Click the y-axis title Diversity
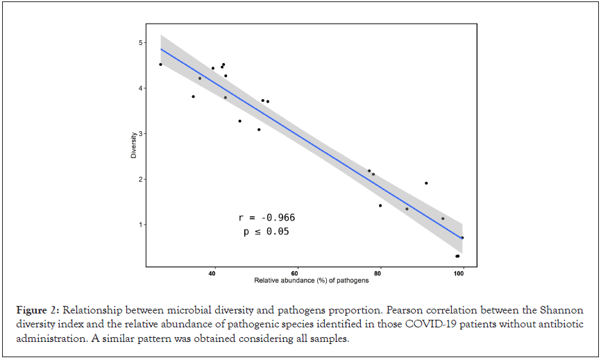coord(133,146)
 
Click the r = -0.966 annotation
coord(266,218)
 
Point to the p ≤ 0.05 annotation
coord(266,232)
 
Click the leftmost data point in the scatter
coord(160,65)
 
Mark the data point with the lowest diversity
coord(457,256)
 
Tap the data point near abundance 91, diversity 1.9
coord(426,183)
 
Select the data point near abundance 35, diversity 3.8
coord(193,96)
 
